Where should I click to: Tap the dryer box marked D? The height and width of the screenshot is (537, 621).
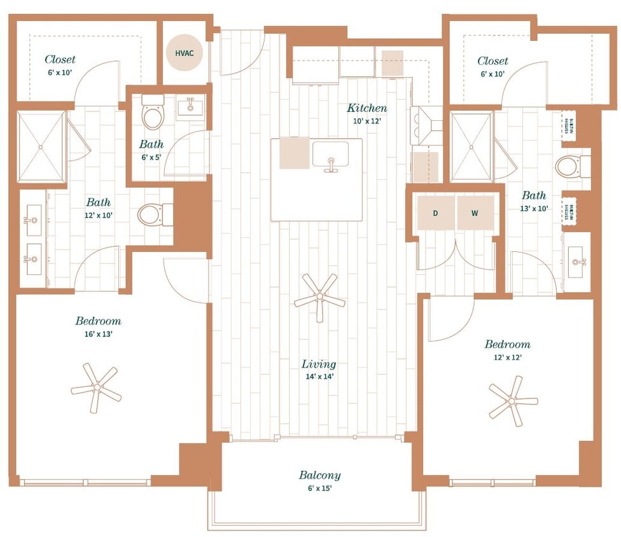coord(436,213)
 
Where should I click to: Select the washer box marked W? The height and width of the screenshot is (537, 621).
coord(475,213)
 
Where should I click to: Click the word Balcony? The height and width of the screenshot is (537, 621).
coord(319,475)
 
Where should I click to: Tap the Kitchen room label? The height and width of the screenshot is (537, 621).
coord(367,108)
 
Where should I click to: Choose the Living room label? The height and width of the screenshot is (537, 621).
coord(319,365)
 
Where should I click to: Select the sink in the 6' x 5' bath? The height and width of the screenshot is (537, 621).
coord(190,107)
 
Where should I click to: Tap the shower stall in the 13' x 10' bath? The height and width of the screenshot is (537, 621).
coord(471,147)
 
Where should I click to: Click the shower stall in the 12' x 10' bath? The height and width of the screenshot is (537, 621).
coord(41,146)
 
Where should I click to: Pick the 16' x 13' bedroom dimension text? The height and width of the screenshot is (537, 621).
coord(97,333)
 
